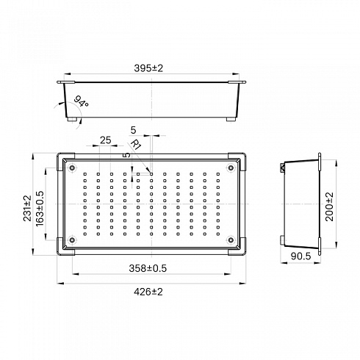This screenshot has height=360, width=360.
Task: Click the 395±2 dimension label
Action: coord(148,68)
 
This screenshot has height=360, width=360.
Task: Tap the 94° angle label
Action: coord(81,101)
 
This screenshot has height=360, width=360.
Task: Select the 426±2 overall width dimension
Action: coord(148,292)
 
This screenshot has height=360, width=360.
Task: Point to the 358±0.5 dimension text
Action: coord(148,268)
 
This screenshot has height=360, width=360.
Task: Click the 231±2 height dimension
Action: coord(27,208)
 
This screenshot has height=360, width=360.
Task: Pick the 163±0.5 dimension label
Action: coord(40,209)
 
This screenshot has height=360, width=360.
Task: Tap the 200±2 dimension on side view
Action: coord(329,206)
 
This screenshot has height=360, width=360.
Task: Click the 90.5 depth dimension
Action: coord(300,256)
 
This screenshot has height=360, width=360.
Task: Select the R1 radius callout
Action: coord(136,144)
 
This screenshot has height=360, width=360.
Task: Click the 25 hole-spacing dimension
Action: coord(106,140)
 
